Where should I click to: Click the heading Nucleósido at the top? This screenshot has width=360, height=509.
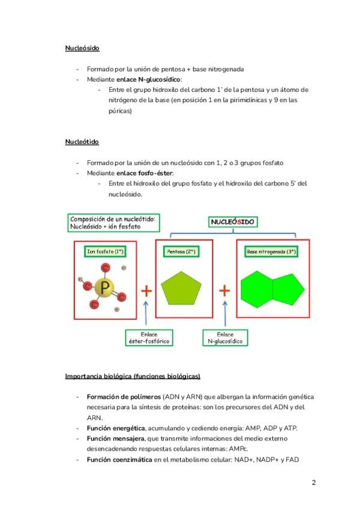pos(82,48)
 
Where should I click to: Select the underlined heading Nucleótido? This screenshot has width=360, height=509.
pos(82,142)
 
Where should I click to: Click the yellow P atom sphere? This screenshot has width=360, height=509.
pos(106,289)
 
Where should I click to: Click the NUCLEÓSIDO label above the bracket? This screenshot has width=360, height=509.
pos(232,222)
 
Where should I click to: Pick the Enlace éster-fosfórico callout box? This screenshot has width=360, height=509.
pos(149,337)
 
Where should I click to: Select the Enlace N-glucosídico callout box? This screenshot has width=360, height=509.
pos(225,337)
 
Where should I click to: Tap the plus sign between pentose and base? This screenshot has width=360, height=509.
pos(224,291)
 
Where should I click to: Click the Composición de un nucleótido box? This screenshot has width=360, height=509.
pos(113,223)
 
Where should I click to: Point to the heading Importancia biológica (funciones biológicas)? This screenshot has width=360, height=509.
pos(133,376)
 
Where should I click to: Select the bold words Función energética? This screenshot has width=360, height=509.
pos(116,428)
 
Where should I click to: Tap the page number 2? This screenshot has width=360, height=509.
pos(313,483)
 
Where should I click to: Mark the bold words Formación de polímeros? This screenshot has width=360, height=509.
pos(124,397)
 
